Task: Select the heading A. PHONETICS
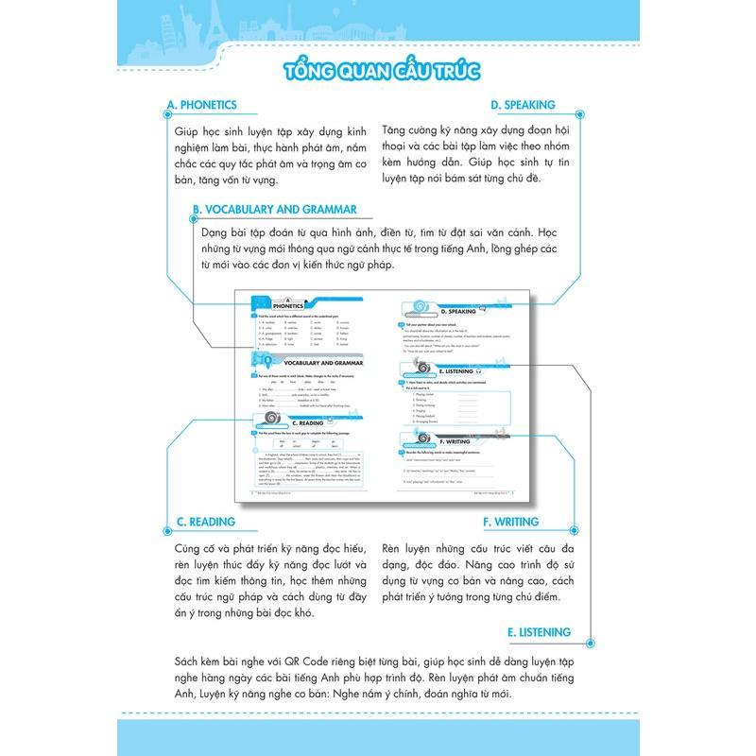click(x=201, y=106)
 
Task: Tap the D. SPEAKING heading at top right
click(x=523, y=106)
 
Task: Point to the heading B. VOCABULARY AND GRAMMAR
click(x=274, y=210)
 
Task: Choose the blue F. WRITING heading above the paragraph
click(x=510, y=521)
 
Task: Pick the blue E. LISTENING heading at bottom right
click(x=539, y=632)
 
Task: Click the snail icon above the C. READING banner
click(x=272, y=417)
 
